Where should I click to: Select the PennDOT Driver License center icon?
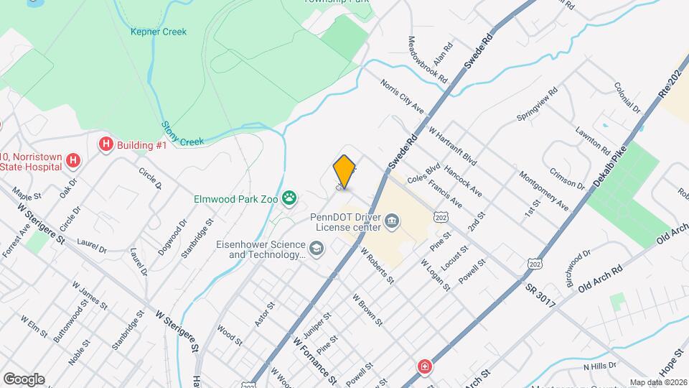coord(392,220)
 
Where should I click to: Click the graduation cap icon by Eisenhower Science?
coord(317,249)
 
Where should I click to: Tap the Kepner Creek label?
coord(159,32)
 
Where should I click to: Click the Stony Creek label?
coord(184,134)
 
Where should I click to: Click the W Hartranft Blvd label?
coord(452,145)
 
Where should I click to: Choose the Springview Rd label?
coord(537,105)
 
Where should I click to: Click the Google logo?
coord(23,379)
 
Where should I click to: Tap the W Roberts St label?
coord(378,266)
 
